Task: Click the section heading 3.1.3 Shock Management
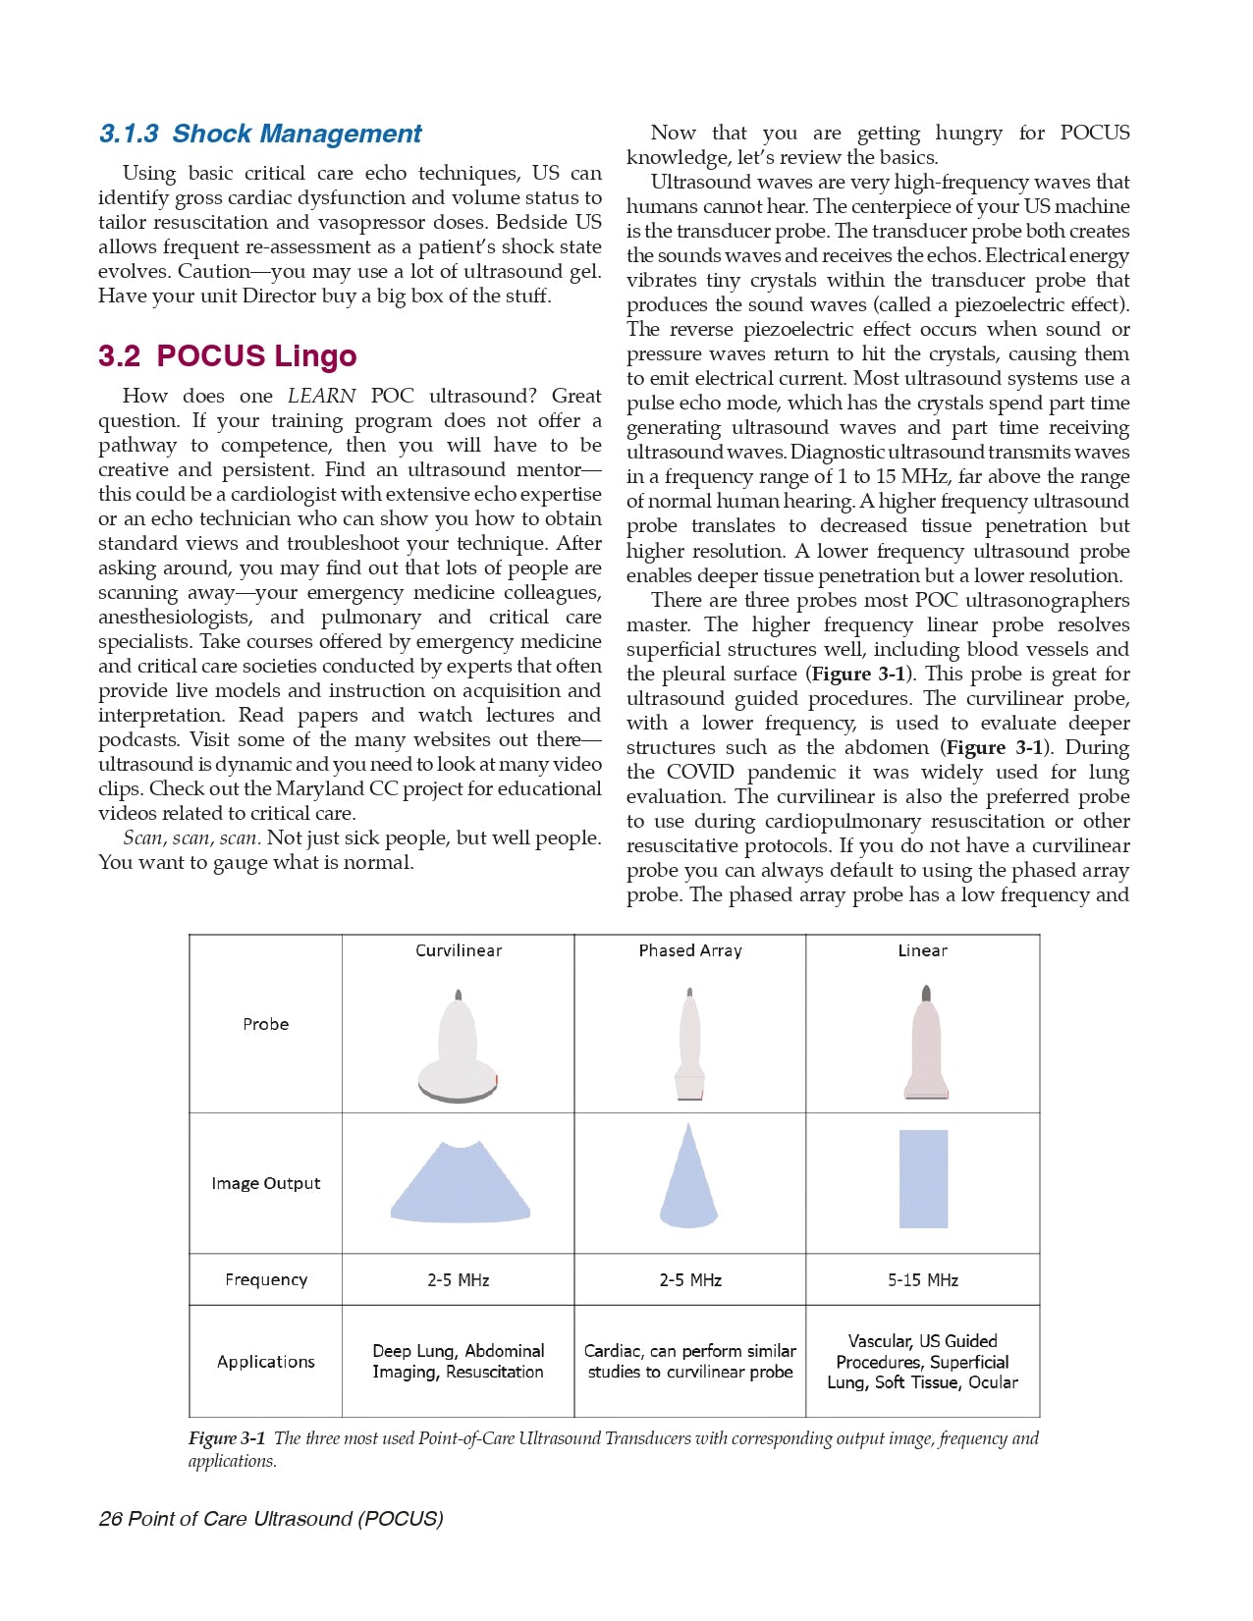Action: (x=260, y=134)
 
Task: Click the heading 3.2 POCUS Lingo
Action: (x=227, y=355)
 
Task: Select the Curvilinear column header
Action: (x=459, y=950)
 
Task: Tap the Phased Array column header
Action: (x=690, y=950)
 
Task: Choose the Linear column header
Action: (x=922, y=950)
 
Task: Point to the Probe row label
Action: (x=265, y=1024)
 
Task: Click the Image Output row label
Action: (x=265, y=1183)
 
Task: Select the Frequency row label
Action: (x=265, y=1279)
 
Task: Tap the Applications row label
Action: (x=265, y=1362)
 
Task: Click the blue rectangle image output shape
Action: (x=923, y=1178)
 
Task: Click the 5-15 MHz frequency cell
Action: (x=922, y=1280)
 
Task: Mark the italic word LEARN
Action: (x=321, y=396)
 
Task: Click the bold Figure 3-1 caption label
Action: (x=227, y=1438)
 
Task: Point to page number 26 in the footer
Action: (x=110, y=1519)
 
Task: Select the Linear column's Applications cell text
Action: (x=922, y=1362)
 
